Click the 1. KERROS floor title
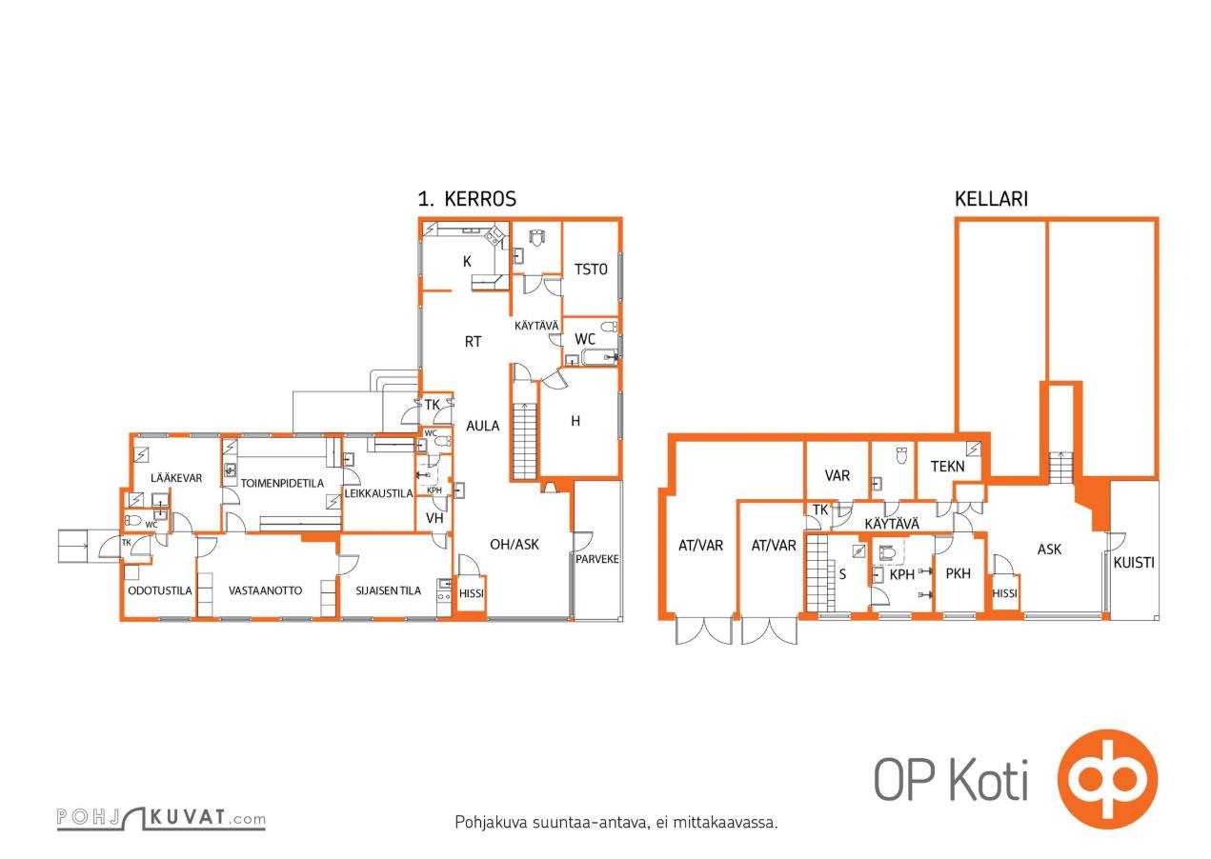pyautogui.click(x=467, y=199)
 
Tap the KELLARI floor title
pyautogui.click(x=991, y=199)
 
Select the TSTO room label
pyautogui.click(x=591, y=270)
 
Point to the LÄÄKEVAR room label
pyautogui.click(x=176, y=477)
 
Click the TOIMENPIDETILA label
pyautogui.click(x=282, y=483)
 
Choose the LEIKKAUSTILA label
pyautogui.click(x=378, y=493)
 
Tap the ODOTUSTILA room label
pyautogui.click(x=159, y=590)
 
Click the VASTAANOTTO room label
pyautogui.click(x=265, y=590)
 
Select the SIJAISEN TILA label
pyautogui.click(x=388, y=590)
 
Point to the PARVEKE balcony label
pyautogui.click(x=596, y=559)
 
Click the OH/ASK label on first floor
pyautogui.click(x=515, y=544)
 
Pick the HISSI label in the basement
pyautogui.click(x=1004, y=593)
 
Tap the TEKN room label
pyautogui.click(x=947, y=466)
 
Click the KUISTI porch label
pyautogui.click(x=1134, y=563)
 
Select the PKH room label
pyautogui.click(x=958, y=573)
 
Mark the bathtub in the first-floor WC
pyautogui.click(x=599, y=357)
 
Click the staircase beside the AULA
pyautogui.click(x=524, y=440)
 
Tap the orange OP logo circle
pyautogui.click(x=1108, y=780)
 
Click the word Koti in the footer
pyautogui.click(x=989, y=781)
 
